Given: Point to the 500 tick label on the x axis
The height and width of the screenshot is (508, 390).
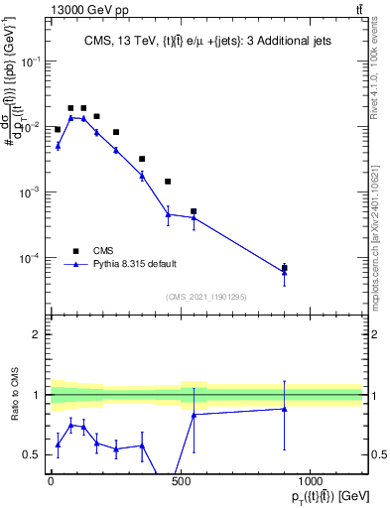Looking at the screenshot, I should point(181,485).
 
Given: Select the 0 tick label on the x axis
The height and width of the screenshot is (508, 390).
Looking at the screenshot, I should point(51,485).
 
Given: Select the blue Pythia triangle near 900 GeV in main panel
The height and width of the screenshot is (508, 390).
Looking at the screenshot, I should point(285,272).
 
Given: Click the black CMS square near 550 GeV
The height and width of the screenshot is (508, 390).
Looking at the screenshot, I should point(194,211).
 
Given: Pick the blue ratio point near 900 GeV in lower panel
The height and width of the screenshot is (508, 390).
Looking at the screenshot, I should point(285,409).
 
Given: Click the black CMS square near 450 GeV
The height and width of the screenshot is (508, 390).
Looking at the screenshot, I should point(168,182).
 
